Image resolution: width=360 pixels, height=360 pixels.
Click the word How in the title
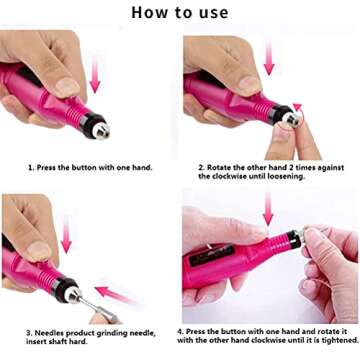tap(150, 12)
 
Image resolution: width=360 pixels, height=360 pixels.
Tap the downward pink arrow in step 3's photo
tap(65, 239)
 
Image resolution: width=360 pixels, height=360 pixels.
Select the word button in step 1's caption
tap(89, 167)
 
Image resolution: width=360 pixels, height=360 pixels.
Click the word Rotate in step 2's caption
tap(222, 167)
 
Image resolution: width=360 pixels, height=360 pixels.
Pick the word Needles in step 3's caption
tap(51, 331)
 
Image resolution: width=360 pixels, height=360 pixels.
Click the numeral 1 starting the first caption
tap(29, 167)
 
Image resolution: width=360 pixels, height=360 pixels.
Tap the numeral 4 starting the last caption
tap(180, 331)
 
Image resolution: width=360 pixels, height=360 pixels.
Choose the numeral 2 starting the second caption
tap(200, 167)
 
